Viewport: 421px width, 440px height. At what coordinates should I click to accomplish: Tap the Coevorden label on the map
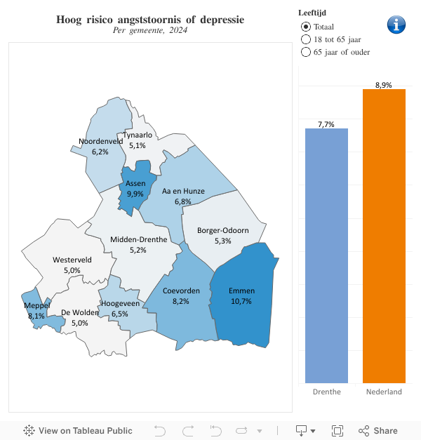[x=181, y=291]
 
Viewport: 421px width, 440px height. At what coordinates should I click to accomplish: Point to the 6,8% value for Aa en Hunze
[x=182, y=201]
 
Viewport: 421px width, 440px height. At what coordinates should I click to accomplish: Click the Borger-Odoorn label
[x=222, y=230]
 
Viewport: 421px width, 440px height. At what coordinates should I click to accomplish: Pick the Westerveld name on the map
[x=72, y=260]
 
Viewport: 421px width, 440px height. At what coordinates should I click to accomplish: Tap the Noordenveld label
[x=100, y=141]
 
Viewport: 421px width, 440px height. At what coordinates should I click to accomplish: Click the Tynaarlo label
[x=138, y=135]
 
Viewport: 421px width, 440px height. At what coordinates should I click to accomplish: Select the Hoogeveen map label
[x=119, y=303]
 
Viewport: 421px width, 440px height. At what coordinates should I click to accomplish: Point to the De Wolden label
[x=80, y=312]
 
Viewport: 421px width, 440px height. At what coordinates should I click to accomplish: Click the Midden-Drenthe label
[x=138, y=239]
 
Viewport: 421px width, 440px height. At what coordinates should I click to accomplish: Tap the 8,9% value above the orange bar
[x=384, y=85]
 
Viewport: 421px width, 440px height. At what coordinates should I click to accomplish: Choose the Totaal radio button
[x=305, y=26]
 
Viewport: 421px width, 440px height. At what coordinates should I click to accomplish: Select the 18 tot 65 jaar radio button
[x=305, y=39]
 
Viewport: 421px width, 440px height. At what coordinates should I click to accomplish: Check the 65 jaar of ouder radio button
[x=305, y=52]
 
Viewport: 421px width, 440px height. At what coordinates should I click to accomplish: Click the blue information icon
[x=396, y=25]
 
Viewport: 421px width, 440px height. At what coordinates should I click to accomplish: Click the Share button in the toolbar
[x=377, y=431]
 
